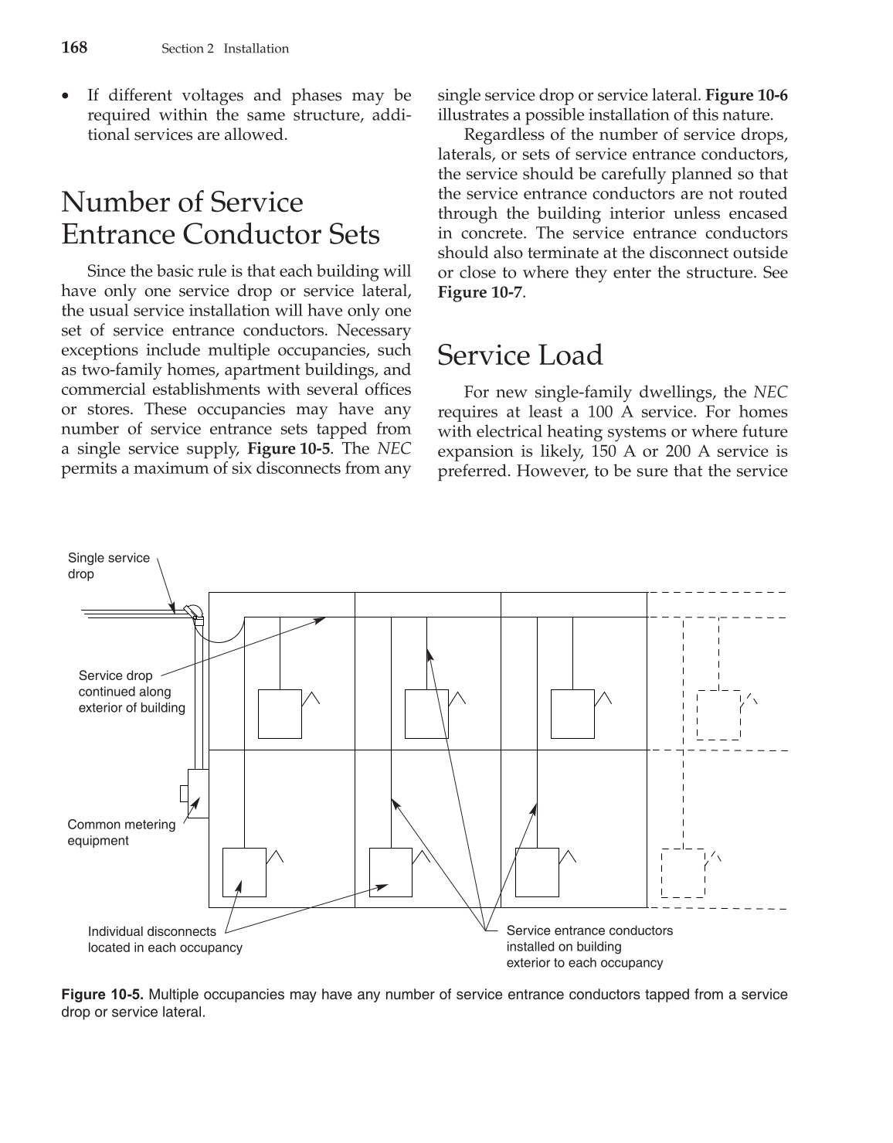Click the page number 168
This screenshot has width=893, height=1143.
[x=74, y=48]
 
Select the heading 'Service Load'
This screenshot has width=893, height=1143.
[x=520, y=355]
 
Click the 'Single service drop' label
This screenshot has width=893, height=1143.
[x=108, y=566]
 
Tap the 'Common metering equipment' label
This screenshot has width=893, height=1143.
[x=121, y=832]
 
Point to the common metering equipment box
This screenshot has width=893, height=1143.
[x=198, y=793]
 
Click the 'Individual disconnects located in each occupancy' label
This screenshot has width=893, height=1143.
[x=165, y=940]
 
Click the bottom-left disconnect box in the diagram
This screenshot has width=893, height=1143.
[x=244, y=872]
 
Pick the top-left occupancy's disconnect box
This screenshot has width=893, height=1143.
[x=280, y=713]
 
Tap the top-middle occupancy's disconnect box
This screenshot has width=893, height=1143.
[x=426, y=713]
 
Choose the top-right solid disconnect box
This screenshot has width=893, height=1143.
[x=572, y=713]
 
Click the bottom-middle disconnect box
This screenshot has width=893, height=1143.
[x=390, y=872]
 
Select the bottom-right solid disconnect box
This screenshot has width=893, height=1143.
[x=537, y=872]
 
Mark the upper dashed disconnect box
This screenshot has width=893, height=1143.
[x=718, y=715]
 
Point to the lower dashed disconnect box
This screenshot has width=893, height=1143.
[x=683, y=873]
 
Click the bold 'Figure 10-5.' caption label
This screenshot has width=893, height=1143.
[x=102, y=994]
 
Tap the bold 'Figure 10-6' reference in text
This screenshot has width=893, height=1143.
[x=746, y=96]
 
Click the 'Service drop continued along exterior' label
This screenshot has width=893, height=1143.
[x=131, y=692]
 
